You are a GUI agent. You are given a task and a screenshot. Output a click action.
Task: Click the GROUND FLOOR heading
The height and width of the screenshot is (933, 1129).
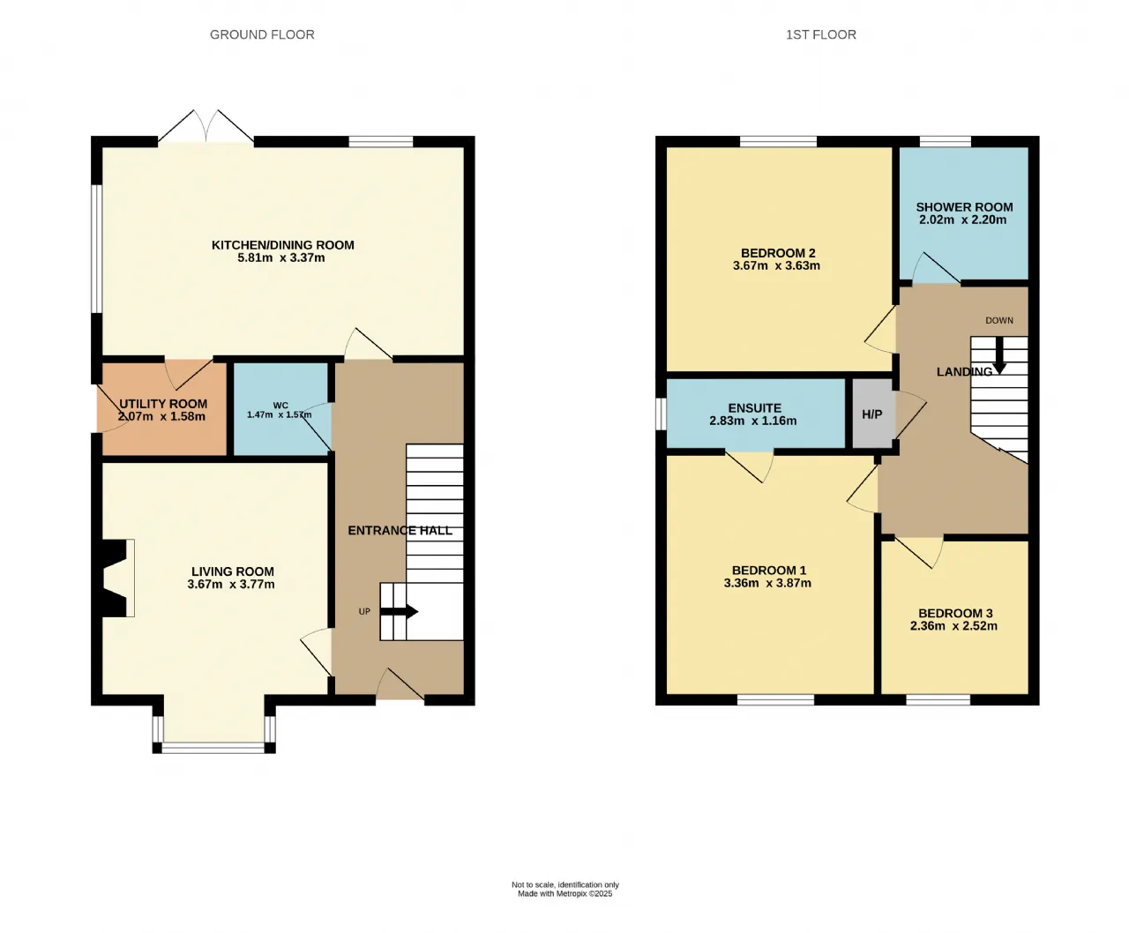(262, 34)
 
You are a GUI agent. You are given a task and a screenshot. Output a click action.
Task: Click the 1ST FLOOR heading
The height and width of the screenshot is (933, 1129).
(821, 34)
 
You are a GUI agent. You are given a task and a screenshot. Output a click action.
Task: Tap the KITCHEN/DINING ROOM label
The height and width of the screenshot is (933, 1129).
(283, 245)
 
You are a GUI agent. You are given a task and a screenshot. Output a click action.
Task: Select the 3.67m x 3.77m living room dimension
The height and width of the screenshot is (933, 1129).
(231, 585)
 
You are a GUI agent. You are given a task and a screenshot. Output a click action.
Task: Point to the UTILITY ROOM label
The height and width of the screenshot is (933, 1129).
(163, 404)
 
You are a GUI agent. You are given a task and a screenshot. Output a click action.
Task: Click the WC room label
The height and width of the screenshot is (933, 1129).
(280, 406)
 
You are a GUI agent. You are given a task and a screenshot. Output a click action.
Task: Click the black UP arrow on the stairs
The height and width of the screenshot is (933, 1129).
(399, 611)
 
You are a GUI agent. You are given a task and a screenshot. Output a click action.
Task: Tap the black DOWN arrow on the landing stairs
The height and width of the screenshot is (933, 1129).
(999, 355)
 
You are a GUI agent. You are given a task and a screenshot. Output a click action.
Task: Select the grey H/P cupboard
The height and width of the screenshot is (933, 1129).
(872, 414)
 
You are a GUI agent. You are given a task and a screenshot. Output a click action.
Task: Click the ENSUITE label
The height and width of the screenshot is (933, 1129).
(754, 408)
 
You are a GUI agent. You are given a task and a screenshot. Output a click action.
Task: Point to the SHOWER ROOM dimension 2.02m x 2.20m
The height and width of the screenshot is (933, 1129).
(963, 220)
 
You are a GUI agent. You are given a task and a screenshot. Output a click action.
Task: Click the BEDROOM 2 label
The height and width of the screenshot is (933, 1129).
(778, 253)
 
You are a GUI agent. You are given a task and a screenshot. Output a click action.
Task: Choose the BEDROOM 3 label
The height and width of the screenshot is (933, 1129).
(955, 613)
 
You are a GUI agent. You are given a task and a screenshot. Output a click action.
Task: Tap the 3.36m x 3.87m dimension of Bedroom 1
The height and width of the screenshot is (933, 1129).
(767, 583)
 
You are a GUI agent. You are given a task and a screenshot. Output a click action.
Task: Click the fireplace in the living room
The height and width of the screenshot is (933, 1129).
(115, 578)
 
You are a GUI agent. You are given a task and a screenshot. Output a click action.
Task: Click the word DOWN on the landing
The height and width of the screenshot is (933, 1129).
(999, 320)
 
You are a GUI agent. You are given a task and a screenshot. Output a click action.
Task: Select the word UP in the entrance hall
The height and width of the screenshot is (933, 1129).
(364, 611)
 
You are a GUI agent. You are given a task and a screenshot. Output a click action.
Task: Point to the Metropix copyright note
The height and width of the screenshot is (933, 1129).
(565, 893)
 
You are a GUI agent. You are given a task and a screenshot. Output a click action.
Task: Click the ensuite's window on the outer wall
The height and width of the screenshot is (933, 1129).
(661, 414)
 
